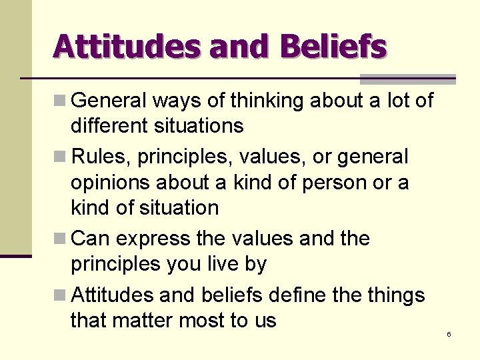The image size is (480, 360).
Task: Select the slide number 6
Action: pyautogui.click(x=449, y=334)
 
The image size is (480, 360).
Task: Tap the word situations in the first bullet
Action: pyautogui.click(x=197, y=125)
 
